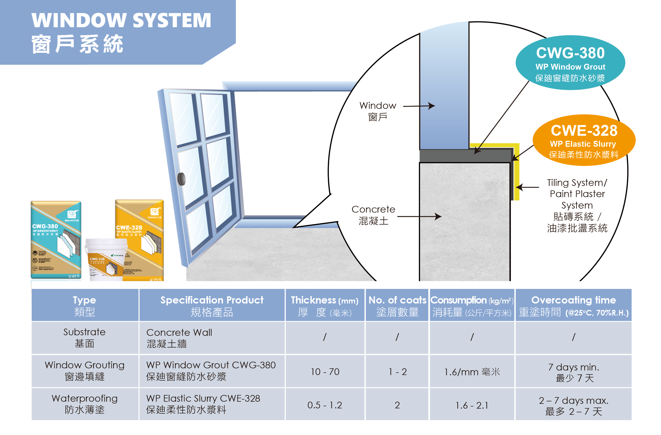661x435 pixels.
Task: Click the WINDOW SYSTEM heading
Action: click(x=121, y=20)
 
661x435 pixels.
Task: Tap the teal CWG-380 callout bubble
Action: click(x=570, y=63)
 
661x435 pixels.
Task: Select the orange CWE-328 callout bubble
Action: click(x=584, y=140)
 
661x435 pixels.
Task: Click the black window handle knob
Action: click(x=182, y=179)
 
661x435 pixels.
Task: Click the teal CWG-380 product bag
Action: click(x=56, y=240)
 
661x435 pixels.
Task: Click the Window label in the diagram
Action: click(x=377, y=111)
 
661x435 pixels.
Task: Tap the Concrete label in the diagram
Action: click(x=373, y=215)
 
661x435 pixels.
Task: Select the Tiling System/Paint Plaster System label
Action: click(x=577, y=205)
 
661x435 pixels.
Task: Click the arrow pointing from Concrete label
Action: click(x=419, y=217)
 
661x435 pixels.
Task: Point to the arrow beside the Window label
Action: click(x=419, y=106)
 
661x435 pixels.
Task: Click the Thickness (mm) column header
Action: click(x=324, y=306)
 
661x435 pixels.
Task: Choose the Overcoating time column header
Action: click(x=573, y=306)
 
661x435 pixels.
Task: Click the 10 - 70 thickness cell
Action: click(x=325, y=372)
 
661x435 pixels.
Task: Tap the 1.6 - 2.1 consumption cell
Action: click(x=471, y=405)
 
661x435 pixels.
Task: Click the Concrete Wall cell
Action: click(x=179, y=338)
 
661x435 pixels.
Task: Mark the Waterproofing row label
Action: click(x=85, y=404)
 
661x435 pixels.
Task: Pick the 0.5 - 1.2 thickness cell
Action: click(x=324, y=405)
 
